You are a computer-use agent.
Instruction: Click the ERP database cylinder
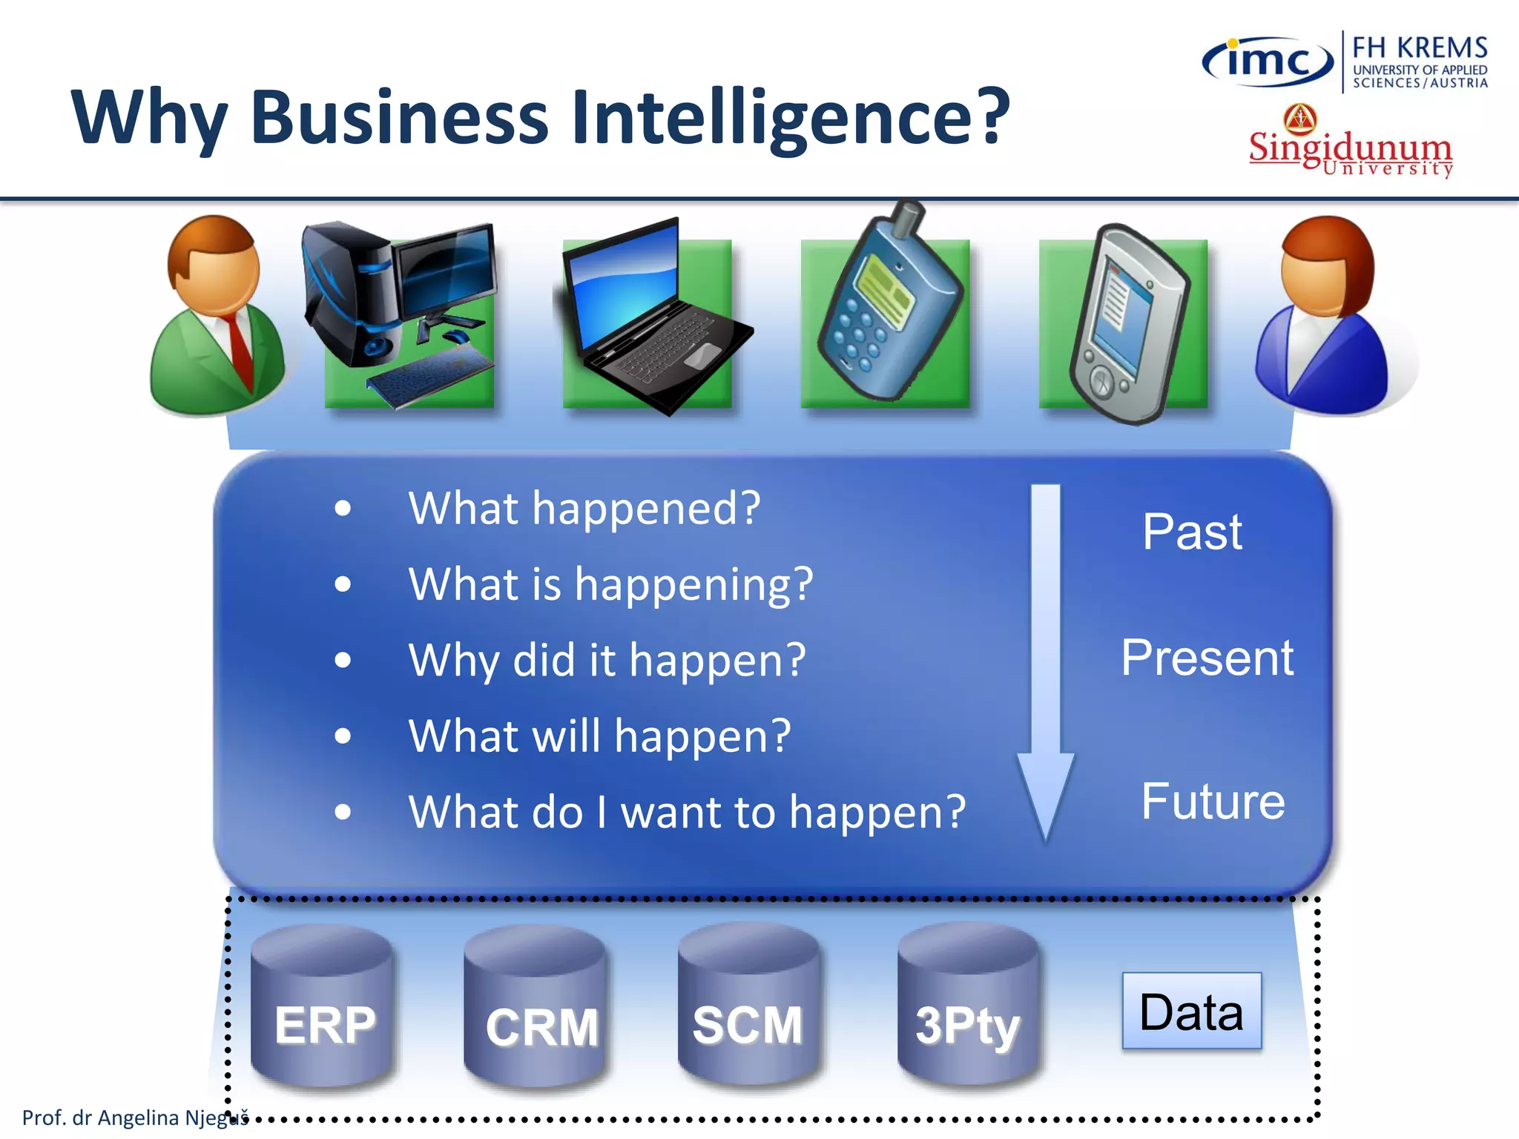coord(323,1008)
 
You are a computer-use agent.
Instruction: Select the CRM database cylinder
coord(536,1008)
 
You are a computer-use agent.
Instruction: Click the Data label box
coord(1191,1011)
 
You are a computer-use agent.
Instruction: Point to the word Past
coord(1192,532)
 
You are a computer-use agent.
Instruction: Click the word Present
coord(1207,658)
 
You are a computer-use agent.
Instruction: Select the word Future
coord(1213,802)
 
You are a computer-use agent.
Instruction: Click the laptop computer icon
coord(653,319)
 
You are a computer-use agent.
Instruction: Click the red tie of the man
coord(240,349)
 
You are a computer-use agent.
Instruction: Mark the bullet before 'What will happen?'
coord(342,736)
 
